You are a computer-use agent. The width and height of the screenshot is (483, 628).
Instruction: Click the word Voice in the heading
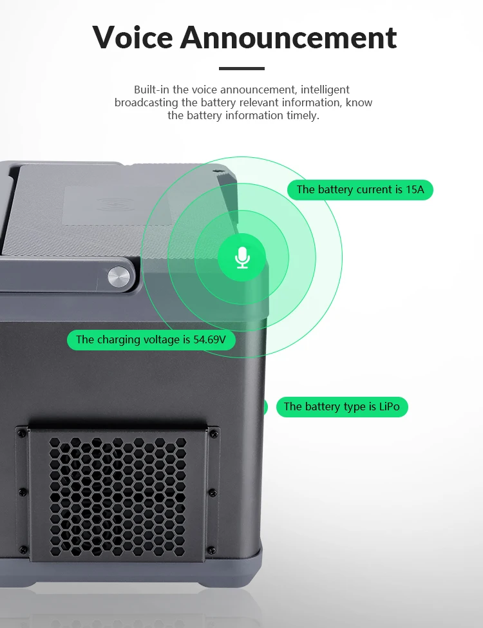tap(133, 37)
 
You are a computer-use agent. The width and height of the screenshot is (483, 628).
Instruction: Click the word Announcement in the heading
tap(289, 37)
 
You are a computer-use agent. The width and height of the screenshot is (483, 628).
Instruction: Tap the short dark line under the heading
tap(241, 68)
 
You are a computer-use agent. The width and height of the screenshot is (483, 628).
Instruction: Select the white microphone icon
tap(242, 258)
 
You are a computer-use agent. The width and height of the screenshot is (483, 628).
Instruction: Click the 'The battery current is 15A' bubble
tap(360, 189)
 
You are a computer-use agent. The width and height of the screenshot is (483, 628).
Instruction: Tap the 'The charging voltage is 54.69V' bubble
tap(151, 339)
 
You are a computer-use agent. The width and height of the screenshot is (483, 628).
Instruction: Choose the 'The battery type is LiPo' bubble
tap(342, 406)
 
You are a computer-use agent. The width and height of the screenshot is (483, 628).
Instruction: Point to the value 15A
tap(415, 189)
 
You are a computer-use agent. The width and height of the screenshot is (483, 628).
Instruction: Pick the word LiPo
tap(389, 406)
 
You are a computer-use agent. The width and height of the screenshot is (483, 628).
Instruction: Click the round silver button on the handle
tap(119, 277)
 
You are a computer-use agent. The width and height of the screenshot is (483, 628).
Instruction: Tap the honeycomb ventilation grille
tap(117, 497)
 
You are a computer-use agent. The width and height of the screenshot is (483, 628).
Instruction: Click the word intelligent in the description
tap(325, 90)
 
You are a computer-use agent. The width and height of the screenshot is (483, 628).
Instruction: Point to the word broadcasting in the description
tap(146, 103)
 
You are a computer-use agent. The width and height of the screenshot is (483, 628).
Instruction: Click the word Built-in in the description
tap(151, 90)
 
